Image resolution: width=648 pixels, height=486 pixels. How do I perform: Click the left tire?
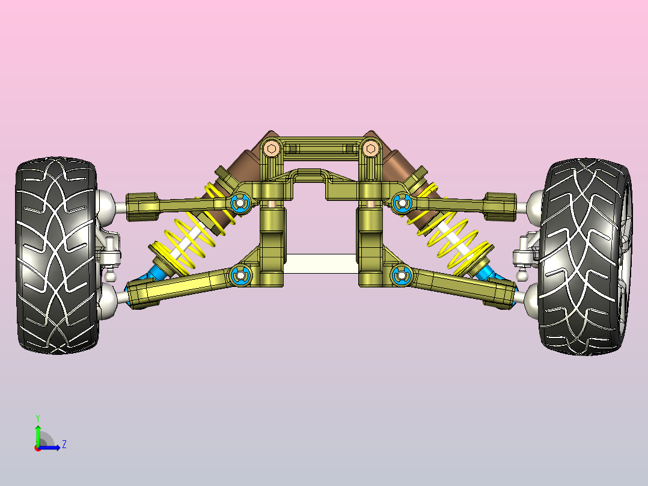click(x=57, y=255)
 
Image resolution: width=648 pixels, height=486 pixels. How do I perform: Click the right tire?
click(x=585, y=256)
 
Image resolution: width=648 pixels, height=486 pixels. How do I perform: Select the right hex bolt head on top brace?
click(x=370, y=148)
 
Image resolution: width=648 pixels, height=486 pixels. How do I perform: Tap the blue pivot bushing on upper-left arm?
click(x=240, y=203)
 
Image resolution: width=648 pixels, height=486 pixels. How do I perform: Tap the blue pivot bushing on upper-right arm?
click(x=402, y=203)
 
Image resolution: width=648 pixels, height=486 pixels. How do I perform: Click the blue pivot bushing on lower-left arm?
click(x=240, y=275)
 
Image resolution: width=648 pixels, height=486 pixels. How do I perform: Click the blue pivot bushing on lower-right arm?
click(x=401, y=275)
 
